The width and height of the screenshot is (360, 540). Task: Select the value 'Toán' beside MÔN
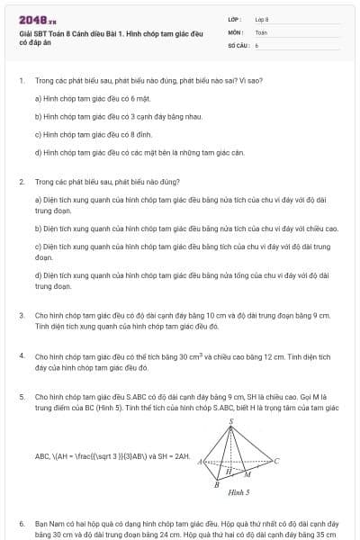coord(261,31)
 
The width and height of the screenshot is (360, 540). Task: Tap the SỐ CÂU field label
coord(237,44)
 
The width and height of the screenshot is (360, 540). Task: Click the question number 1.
coord(21,80)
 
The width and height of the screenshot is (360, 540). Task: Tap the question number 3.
coord(21,316)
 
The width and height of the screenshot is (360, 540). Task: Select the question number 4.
coord(21,355)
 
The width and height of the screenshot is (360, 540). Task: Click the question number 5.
coord(21,396)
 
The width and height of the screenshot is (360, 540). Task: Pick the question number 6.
coord(21,523)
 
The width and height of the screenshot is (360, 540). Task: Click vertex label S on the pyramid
coord(231,421)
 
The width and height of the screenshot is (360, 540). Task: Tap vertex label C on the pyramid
coord(276,461)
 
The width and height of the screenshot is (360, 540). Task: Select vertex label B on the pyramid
coord(216,483)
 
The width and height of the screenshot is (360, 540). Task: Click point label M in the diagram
coord(247,474)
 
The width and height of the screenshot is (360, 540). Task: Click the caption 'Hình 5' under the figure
coord(238,493)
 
